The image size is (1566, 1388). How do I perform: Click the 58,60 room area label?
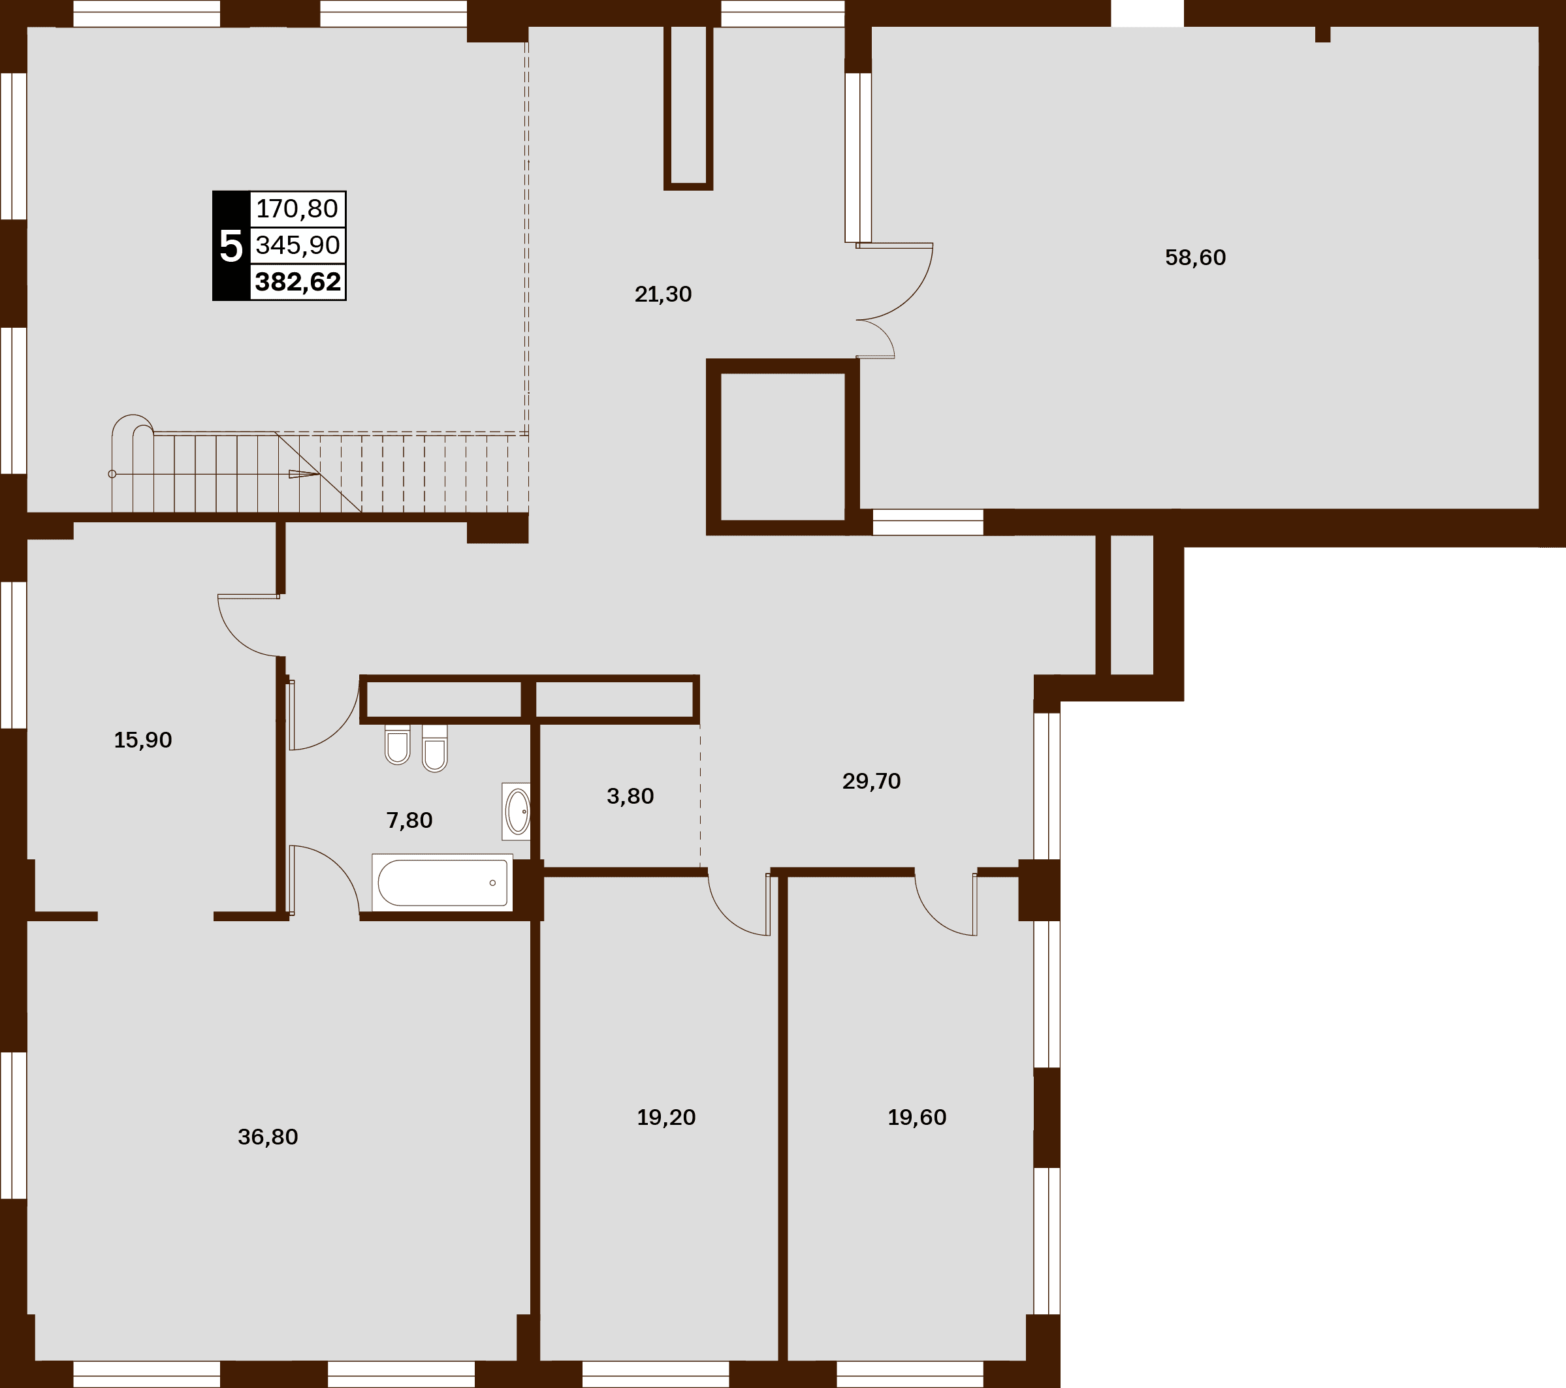[1195, 257]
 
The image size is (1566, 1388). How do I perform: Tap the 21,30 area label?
[663, 294]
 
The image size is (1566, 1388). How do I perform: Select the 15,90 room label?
[142, 740]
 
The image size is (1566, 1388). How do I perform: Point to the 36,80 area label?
[267, 1137]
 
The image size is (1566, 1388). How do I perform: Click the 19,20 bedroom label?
[666, 1118]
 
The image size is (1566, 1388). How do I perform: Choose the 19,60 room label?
[917, 1118]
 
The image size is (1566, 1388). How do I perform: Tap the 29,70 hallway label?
[871, 781]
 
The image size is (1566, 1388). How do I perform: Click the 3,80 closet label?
[630, 797]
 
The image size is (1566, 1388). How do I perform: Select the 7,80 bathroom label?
[409, 821]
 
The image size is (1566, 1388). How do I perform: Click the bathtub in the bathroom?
[442, 883]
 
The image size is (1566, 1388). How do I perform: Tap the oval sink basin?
[518, 812]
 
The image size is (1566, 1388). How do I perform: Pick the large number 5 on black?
[231, 246]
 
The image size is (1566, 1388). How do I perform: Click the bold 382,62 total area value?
[298, 282]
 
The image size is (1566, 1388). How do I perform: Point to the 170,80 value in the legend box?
[297, 208]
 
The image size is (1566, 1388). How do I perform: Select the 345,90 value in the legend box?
[297, 245]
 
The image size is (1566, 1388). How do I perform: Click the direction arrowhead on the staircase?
[304, 474]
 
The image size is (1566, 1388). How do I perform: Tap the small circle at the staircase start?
[112, 474]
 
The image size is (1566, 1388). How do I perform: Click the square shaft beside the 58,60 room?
[782, 447]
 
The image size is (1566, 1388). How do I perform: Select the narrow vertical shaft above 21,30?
[688, 107]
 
